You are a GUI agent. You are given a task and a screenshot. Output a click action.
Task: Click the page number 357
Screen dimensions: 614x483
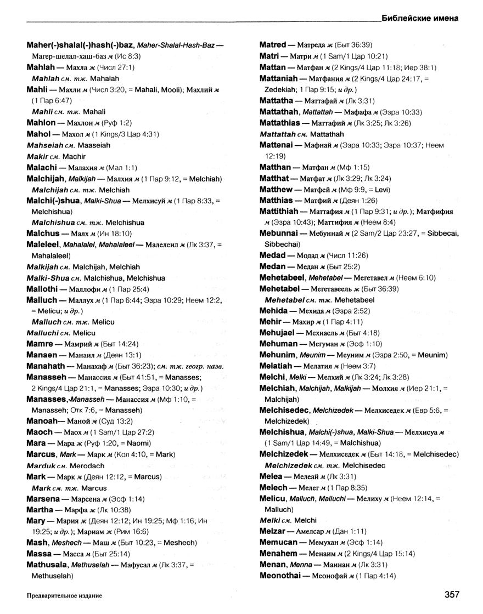click(x=448, y=594)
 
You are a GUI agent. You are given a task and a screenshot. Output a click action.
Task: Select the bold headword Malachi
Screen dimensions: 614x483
click(x=43, y=167)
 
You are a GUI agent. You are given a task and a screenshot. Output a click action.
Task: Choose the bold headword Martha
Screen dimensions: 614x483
click(x=42, y=509)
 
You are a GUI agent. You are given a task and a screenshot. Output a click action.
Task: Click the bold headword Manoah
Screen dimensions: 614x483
click(x=43, y=421)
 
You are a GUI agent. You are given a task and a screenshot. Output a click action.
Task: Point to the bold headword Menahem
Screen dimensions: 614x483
click(x=280, y=554)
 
